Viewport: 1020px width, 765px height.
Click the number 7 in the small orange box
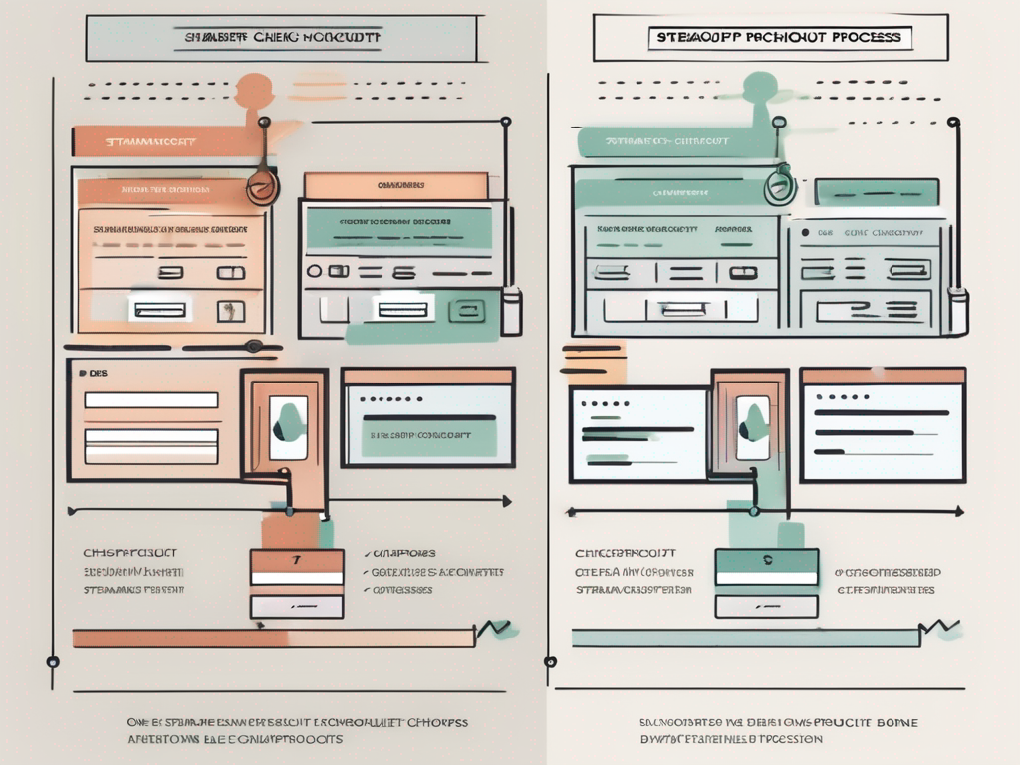pos(296,559)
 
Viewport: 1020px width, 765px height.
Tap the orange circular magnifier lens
pos(261,186)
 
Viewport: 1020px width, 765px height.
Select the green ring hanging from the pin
pos(779,186)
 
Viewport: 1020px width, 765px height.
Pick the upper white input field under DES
pos(150,400)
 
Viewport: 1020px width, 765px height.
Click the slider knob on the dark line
pos(253,346)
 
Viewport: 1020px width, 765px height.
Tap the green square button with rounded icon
pos(465,311)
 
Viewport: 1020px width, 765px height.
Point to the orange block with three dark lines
pos(592,362)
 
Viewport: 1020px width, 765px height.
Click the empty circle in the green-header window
pos(314,271)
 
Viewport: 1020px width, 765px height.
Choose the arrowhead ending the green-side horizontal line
pos(957,511)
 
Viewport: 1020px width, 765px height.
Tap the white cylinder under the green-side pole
pos(958,311)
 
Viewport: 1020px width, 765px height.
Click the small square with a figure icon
pos(231,311)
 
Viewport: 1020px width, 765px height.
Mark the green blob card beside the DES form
pos(287,426)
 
